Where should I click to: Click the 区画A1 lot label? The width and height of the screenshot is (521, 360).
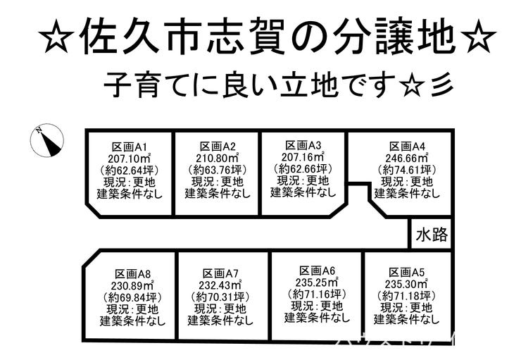click(128, 147)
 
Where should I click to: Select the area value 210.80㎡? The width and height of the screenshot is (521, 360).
click(216, 158)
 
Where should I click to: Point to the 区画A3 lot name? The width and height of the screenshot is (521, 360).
click(303, 145)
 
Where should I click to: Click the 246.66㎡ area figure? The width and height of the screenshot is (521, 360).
click(409, 158)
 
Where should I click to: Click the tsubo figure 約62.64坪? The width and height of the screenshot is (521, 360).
click(128, 170)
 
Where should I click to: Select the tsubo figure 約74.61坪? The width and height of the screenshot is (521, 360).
click(408, 170)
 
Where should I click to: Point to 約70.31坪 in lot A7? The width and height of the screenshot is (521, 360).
click(220, 297)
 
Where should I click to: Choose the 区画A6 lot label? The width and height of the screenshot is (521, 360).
click(318, 271)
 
